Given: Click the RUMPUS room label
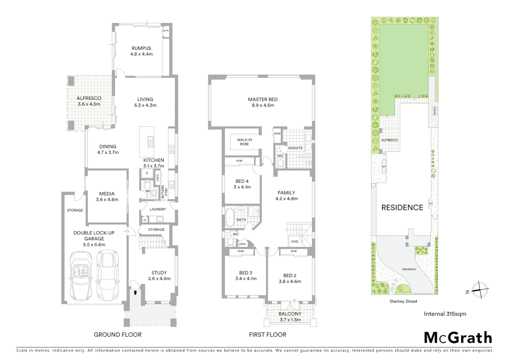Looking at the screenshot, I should [x=141, y=48].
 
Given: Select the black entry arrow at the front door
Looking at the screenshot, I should [x=135, y=293].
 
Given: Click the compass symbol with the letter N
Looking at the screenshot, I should [x=480, y=290].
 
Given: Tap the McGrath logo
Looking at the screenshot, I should [x=458, y=338].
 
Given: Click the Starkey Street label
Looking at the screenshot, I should [x=403, y=301].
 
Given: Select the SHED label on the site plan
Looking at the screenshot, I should [x=435, y=111].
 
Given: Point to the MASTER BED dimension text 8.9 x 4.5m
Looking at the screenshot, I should [x=263, y=105].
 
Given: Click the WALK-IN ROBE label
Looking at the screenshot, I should [x=244, y=142].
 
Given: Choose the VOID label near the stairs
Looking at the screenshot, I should [x=294, y=242].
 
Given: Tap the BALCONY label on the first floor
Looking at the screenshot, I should [x=290, y=314].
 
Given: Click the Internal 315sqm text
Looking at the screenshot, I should [x=445, y=314].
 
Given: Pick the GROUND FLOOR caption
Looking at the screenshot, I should [x=118, y=335].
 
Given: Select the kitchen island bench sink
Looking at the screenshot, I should [x=151, y=142].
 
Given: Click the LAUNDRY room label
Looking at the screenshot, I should [x=158, y=209].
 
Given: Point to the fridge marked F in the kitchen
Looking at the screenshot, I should [x=147, y=174].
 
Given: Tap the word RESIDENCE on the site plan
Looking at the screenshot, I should [x=402, y=208].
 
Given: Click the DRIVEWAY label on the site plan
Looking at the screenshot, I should [x=409, y=269].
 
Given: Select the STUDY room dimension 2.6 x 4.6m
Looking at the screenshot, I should [x=159, y=279].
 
